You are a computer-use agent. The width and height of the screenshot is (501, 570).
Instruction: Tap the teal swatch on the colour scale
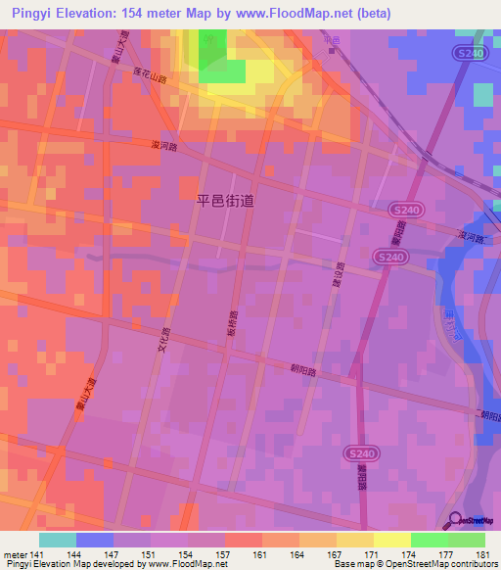pyautogui.click(x=58, y=539)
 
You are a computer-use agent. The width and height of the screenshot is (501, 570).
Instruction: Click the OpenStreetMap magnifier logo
pyautogui.click(x=456, y=520)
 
